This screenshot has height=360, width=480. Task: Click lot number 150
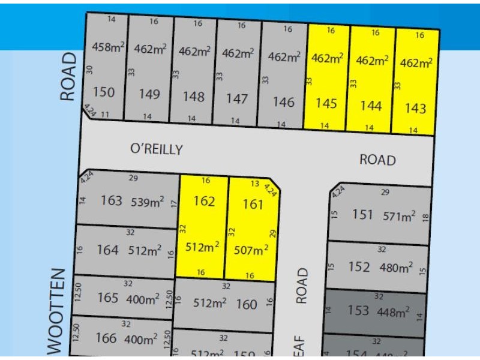tap(104, 92)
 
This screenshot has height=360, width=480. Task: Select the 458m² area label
tap(107, 47)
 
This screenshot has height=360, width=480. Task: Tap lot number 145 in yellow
tap(326, 104)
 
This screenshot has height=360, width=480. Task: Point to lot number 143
tap(415, 108)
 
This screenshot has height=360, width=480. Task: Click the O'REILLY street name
tap(156, 149)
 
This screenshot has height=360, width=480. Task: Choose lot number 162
tap(204, 201)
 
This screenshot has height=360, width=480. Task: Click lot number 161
tap(253, 205)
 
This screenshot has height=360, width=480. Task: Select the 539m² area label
tap(148, 202)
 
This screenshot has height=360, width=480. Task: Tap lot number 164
tap(108, 250)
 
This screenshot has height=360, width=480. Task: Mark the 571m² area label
tap(399, 216)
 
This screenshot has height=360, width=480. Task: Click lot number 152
tap(359, 267)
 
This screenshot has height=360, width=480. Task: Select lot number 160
tap(246, 304)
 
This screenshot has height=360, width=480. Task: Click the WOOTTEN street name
tap(55, 312)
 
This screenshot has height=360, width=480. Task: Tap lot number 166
tap(106, 338)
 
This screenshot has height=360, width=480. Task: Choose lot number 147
tap(237, 99)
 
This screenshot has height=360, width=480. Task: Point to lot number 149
tap(149, 94)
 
